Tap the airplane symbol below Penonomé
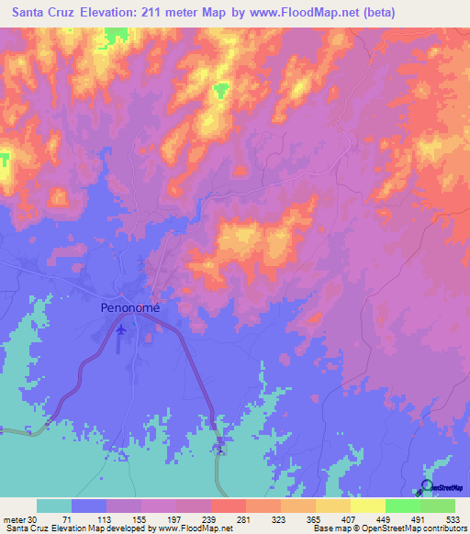point(121,328)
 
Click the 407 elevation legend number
point(350,518)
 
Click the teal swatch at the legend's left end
point(54,506)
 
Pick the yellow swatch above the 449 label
point(367,506)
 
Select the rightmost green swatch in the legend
point(437,506)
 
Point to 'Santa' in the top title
point(23,14)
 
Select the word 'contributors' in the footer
point(442,529)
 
